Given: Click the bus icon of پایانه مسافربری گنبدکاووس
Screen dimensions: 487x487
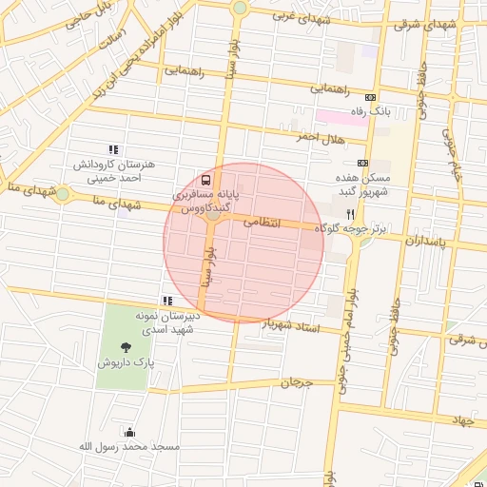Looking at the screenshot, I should tap(205, 179).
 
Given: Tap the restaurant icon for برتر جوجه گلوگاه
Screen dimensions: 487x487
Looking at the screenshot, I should tap(351, 215).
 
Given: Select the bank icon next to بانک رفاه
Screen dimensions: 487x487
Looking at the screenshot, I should tap(370, 97).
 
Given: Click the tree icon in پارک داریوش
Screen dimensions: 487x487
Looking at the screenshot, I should tap(126, 346).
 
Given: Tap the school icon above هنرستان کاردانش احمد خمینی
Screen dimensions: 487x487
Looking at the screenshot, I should tap(113, 149).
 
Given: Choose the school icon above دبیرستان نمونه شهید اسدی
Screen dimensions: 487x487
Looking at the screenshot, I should tap(168, 302).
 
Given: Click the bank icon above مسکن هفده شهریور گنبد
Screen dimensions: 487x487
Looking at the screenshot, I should tap(362, 163).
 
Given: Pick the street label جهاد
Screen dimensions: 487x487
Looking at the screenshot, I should tap(462, 419).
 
